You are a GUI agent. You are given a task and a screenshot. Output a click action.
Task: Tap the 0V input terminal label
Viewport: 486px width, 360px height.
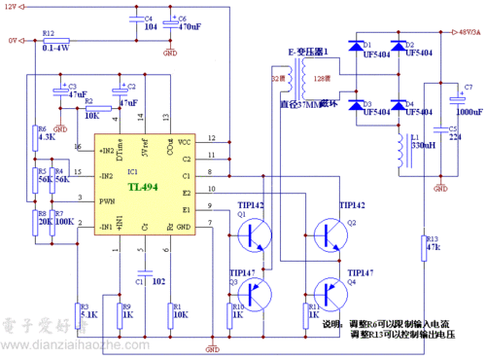pyautogui.click(x=13, y=41)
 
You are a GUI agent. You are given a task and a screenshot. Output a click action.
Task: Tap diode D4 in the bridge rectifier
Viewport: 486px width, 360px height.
pyautogui.click(x=399, y=104)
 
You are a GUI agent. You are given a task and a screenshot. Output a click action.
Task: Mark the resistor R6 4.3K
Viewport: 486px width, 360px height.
pyautogui.click(x=39, y=133)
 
